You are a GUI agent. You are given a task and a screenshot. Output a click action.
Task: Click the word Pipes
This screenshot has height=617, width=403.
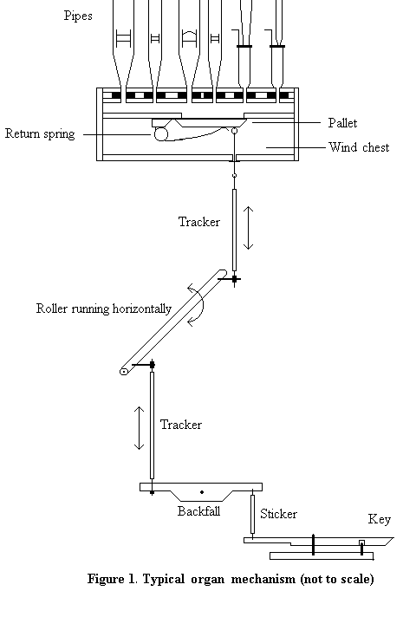point(78,16)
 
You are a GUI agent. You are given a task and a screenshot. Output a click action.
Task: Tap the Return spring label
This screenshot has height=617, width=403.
point(40,133)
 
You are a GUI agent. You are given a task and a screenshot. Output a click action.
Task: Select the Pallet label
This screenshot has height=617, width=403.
point(343,123)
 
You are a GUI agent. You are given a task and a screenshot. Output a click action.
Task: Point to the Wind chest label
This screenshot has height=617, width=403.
point(359,147)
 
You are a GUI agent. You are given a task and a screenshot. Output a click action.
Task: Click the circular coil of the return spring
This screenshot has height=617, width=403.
point(160,134)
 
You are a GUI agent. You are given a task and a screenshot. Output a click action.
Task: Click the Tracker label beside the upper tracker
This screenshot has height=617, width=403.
point(199,222)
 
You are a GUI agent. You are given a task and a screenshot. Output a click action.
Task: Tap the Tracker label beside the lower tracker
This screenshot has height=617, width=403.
point(181,425)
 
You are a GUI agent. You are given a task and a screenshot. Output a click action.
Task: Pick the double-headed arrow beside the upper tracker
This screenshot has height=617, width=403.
point(248,227)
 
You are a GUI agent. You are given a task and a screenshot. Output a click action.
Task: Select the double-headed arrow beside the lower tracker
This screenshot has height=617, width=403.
point(139,428)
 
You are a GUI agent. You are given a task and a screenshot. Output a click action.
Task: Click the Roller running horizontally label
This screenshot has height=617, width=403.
point(104,308)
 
